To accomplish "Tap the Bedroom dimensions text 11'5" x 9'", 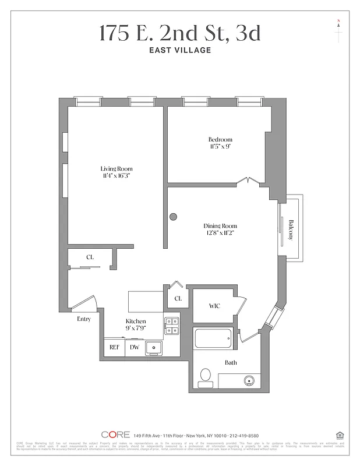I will (220, 147).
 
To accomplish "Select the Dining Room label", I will (220, 226).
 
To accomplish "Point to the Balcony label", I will (291, 228).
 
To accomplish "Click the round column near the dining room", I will (173, 217).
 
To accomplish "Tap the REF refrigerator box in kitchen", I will (114, 347).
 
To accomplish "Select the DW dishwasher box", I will (134, 347).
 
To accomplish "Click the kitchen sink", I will (154, 348).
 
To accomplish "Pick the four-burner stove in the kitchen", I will (171, 326).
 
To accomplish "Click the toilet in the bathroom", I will (205, 377).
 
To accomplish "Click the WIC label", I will (214, 306).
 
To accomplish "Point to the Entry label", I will (84, 319).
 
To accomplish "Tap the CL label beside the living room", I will (90, 257).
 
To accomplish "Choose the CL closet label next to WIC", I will (178, 299).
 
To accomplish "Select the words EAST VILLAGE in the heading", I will (179, 50).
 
